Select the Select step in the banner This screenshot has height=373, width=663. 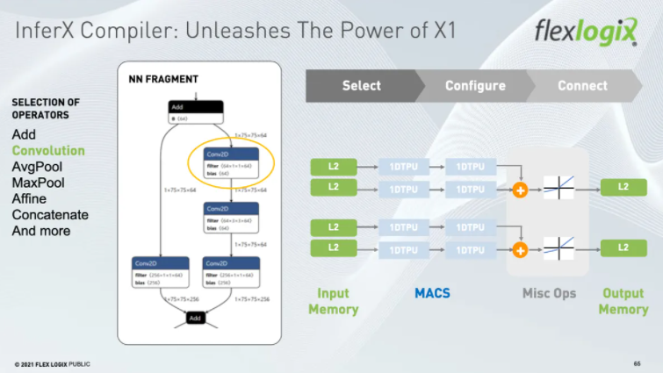click(x=361, y=85)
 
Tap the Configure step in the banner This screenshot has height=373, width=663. click(x=475, y=85)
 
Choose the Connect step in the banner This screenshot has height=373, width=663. click(x=582, y=85)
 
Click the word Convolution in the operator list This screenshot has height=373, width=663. click(x=48, y=150)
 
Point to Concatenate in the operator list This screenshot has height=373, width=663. click(x=50, y=215)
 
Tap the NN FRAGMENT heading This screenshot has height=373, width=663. click(x=157, y=80)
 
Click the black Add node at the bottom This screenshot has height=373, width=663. click(x=195, y=318)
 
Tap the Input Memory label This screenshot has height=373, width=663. click(x=333, y=301)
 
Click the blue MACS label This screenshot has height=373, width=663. click(x=432, y=293)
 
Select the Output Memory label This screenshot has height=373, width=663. click(x=623, y=301)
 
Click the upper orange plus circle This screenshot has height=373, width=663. click(x=520, y=189)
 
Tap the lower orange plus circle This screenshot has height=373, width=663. click(x=520, y=249)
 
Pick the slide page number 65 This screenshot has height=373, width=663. click(x=637, y=363)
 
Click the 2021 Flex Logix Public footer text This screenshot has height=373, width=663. click(x=52, y=363)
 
